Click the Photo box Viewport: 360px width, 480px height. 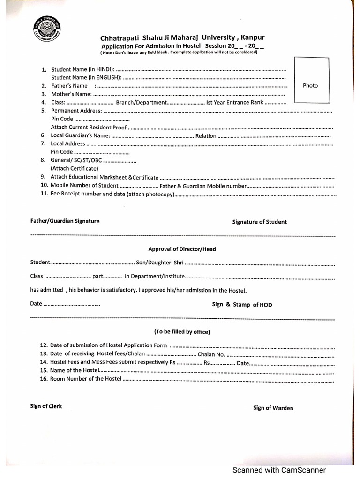tap(310, 80)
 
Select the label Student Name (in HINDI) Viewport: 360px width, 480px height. tap(82, 69)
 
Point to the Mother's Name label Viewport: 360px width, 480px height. tap(72, 94)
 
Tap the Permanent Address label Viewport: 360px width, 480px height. tap(76, 111)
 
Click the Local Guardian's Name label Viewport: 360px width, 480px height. tap(80, 135)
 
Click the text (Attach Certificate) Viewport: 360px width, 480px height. tap(75, 168)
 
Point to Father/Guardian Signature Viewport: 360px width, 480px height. tap(65, 221)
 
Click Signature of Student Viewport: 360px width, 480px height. tap(260, 222)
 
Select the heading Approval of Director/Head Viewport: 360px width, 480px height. tap(182, 249)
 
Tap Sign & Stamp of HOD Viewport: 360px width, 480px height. tap(242, 305)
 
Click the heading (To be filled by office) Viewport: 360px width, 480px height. tap(182, 331)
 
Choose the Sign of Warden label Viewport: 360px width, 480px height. tap(273, 408)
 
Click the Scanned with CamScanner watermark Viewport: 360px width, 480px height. tap(279, 470)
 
